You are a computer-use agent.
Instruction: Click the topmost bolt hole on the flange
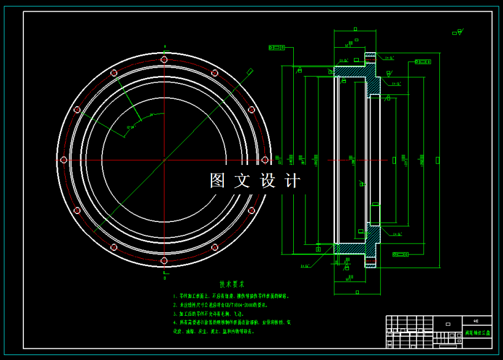pyautogui.click(x=164, y=59)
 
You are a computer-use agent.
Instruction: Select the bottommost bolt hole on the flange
pyautogui.click(x=164, y=261)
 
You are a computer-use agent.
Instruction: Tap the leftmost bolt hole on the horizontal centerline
pyautogui.click(x=63, y=160)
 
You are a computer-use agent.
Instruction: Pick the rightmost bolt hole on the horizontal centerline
pyautogui.click(x=264, y=160)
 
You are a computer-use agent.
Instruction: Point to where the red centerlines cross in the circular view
pyautogui.click(x=164, y=160)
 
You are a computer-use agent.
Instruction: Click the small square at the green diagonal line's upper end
pyautogui.click(x=250, y=71)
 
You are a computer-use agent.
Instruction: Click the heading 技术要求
pyautogui.click(x=232, y=285)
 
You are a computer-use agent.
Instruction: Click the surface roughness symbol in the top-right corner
pyautogui.click(x=457, y=33)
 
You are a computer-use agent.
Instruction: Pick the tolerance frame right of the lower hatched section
pyautogui.click(x=400, y=253)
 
